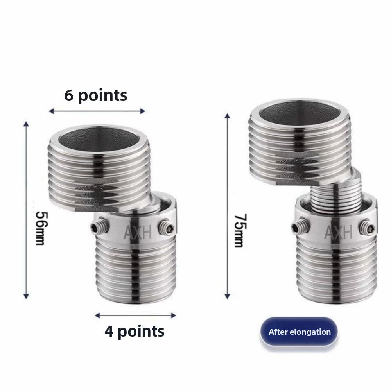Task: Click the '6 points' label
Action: [96, 95]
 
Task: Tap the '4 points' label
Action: [134, 331]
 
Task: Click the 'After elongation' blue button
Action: [300, 332]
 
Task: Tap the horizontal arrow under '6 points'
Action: [97, 111]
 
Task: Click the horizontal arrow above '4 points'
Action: [136, 315]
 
